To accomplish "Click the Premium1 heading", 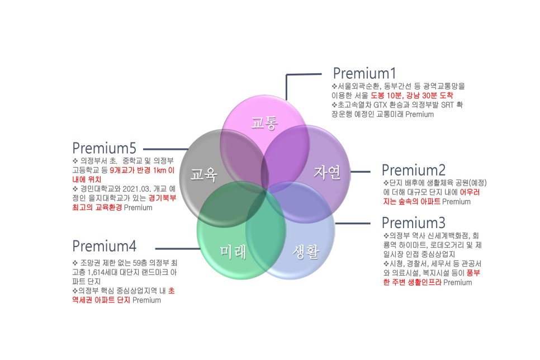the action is (x=364, y=73).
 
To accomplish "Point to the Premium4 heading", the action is (x=105, y=246).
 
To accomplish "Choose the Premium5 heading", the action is (x=105, y=148).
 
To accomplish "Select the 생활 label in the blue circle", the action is (x=305, y=252).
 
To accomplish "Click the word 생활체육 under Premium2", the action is (x=438, y=183).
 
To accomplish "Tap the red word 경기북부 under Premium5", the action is (x=162, y=198).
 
